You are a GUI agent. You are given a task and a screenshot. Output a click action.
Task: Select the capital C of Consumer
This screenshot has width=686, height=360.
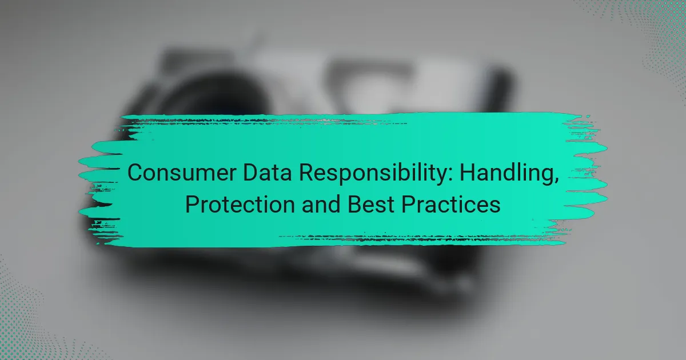tap(134, 173)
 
